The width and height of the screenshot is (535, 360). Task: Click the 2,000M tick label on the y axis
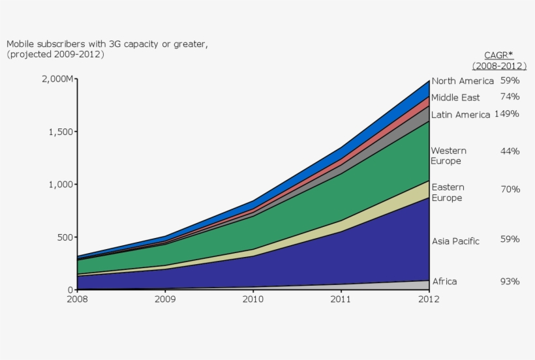click(x=57, y=79)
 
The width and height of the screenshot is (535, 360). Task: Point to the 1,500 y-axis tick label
click(x=61, y=132)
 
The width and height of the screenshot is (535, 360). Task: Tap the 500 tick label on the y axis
click(x=65, y=237)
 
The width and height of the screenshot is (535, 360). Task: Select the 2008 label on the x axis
click(x=77, y=299)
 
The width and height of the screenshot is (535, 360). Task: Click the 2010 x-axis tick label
click(x=253, y=299)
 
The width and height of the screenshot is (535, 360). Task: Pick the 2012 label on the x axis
click(x=429, y=299)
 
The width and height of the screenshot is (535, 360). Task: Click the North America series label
click(x=463, y=82)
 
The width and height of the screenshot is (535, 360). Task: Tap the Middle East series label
click(x=455, y=98)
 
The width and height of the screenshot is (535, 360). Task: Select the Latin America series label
click(x=461, y=115)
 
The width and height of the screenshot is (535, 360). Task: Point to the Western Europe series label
click(x=448, y=156)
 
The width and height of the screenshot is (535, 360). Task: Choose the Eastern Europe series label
click(x=448, y=192)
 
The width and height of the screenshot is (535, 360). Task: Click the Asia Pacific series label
click(x=455, y=241)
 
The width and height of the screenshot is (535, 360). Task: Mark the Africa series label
click(x=444, y=282)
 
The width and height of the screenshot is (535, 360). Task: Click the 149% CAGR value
click(x=507, y=114)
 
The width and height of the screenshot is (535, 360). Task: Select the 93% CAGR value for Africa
click(x=510, y=282)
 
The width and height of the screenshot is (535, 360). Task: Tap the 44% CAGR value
click(x=510, y=151)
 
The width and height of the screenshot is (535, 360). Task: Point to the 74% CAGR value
click(x=510, y=97)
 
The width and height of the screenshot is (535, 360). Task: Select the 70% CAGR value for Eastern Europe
click(x=510, y=190)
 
